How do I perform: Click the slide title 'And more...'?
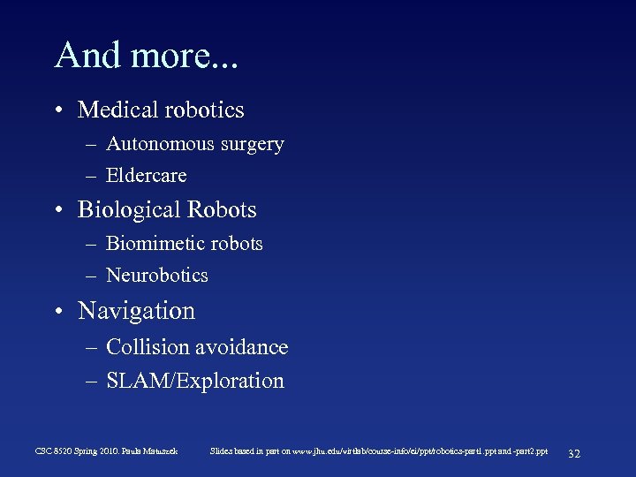148,56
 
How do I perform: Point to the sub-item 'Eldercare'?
147,176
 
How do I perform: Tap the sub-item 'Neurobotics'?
157,276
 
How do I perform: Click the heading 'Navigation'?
137,311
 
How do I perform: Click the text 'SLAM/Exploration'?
195,382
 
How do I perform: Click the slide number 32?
573,453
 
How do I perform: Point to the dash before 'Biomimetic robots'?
92,245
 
